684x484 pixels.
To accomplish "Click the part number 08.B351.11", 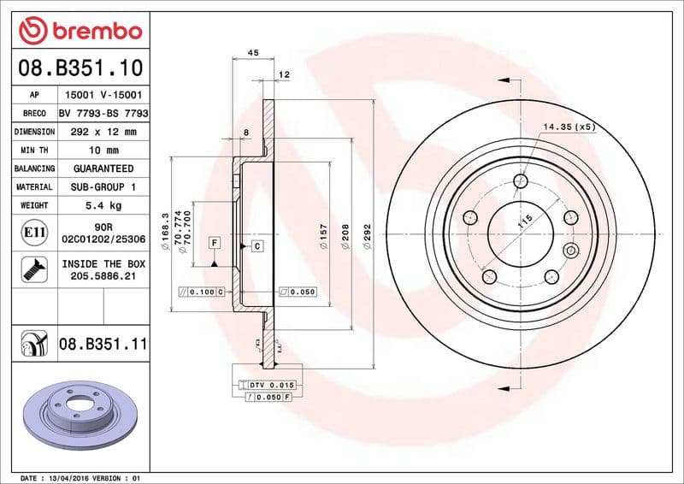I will coord(103,345).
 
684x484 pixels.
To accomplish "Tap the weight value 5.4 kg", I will coord(103,205).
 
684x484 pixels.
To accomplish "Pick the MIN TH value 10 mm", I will coord(103,150).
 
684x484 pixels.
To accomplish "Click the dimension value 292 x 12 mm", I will coord(103,132).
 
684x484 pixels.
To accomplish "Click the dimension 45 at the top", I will coord(253,53).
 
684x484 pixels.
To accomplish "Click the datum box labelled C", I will coord(256,246).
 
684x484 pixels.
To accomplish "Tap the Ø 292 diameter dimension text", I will coord(367,236).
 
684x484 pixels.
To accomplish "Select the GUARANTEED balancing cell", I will coord(103,168).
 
